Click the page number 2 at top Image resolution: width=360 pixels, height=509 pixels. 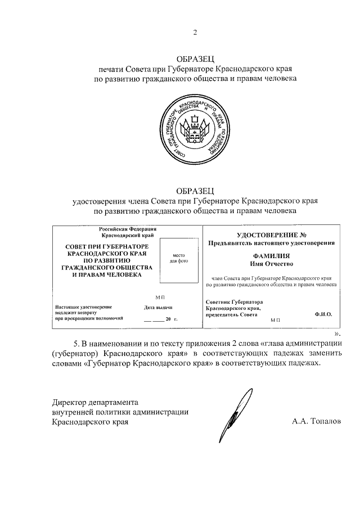coord(195,32)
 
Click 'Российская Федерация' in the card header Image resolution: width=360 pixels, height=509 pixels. coord(128,229)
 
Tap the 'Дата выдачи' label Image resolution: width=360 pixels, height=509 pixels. coord(158,307)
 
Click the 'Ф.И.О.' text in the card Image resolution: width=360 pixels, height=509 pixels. coord(323,313)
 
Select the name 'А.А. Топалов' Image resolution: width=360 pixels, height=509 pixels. coord(316,421)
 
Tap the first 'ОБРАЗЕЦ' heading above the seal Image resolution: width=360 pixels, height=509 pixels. coord(195,58)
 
